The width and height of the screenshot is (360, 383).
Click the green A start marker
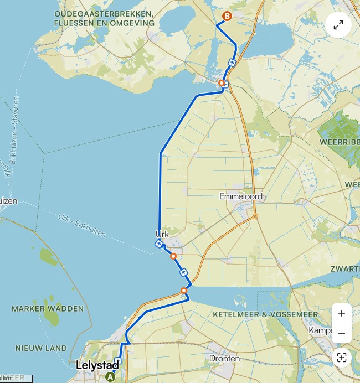click(110, 377)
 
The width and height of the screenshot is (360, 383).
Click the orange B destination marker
click(227, 17)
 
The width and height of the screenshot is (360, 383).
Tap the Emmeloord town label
click(240, 196)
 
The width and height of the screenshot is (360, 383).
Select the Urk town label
click(162, 234)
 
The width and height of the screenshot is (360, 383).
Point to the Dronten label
click(224, 359)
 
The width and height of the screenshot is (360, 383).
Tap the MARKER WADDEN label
click(48, 308)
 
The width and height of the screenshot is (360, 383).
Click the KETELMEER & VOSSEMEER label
click(265, 314)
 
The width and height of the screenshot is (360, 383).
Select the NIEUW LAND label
click(41, 348)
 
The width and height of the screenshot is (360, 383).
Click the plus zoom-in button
click(342, 313)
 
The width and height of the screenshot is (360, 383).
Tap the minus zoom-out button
click(342, 333)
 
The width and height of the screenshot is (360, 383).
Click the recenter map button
click(342, 358)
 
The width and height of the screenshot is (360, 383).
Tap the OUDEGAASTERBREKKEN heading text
click(104, 13)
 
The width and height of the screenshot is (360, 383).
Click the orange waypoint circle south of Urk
click(173, 256)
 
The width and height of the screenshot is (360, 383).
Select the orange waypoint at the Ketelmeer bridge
click(184, 291)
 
